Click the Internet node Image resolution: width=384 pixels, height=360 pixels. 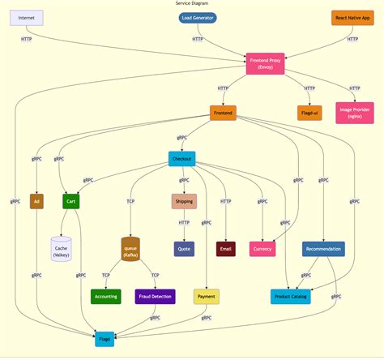27,17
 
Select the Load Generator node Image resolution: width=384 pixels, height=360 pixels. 198,17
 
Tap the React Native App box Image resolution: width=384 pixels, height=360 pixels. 352,17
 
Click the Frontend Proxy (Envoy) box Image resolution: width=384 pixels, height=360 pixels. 266,63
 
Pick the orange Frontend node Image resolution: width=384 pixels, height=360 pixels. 223,113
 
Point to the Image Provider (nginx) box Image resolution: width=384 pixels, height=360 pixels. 354,113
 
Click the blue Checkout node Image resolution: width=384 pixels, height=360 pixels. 181,159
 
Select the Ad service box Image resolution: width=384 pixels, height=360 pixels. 36,201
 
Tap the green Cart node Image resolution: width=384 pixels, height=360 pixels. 71,201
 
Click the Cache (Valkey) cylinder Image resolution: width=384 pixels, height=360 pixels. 62,250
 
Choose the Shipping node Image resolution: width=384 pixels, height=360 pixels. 184,201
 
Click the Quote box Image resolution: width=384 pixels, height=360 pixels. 184,249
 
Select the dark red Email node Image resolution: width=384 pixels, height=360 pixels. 226,249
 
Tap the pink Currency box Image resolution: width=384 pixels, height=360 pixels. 262,249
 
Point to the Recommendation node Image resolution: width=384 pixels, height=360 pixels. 323,249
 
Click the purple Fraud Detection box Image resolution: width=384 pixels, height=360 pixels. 155,296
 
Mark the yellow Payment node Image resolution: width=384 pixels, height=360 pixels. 207,296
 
